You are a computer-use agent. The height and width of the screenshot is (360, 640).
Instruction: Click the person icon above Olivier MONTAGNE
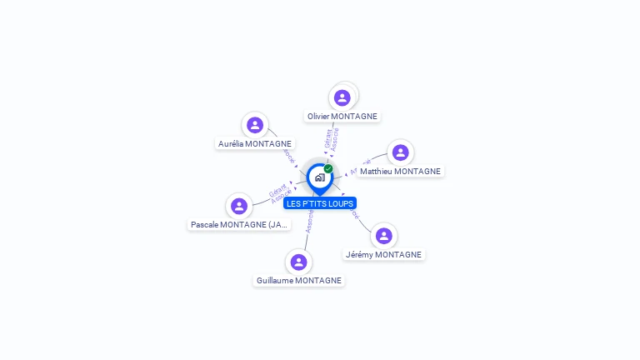342,97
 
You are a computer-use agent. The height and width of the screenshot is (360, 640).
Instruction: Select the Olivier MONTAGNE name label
342,117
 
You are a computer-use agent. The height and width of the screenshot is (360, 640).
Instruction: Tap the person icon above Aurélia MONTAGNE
255,125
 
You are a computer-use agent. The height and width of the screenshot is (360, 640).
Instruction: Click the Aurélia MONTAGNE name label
255,144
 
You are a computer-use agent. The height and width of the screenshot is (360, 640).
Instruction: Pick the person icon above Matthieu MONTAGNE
400,152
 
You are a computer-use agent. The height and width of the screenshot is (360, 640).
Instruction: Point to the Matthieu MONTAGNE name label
400,172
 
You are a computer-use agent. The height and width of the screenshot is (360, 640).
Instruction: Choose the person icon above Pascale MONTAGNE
239,206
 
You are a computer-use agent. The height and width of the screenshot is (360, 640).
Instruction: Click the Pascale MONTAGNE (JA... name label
240,225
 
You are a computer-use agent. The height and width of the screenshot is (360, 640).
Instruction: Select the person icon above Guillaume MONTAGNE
299,262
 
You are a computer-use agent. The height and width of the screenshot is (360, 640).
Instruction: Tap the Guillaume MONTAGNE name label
299,281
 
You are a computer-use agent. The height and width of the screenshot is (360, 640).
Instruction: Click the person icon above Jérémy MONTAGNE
383,236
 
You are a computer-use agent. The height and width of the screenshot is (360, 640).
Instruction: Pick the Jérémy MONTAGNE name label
383,255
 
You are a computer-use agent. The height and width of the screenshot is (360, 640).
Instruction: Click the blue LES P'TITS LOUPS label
320,203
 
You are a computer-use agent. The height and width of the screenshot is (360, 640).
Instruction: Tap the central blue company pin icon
319,177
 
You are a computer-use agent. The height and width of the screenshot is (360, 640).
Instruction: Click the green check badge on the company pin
328,168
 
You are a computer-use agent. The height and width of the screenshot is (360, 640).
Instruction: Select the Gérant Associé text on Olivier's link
332,139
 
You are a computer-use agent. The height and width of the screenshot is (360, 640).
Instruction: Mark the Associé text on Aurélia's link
288,155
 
